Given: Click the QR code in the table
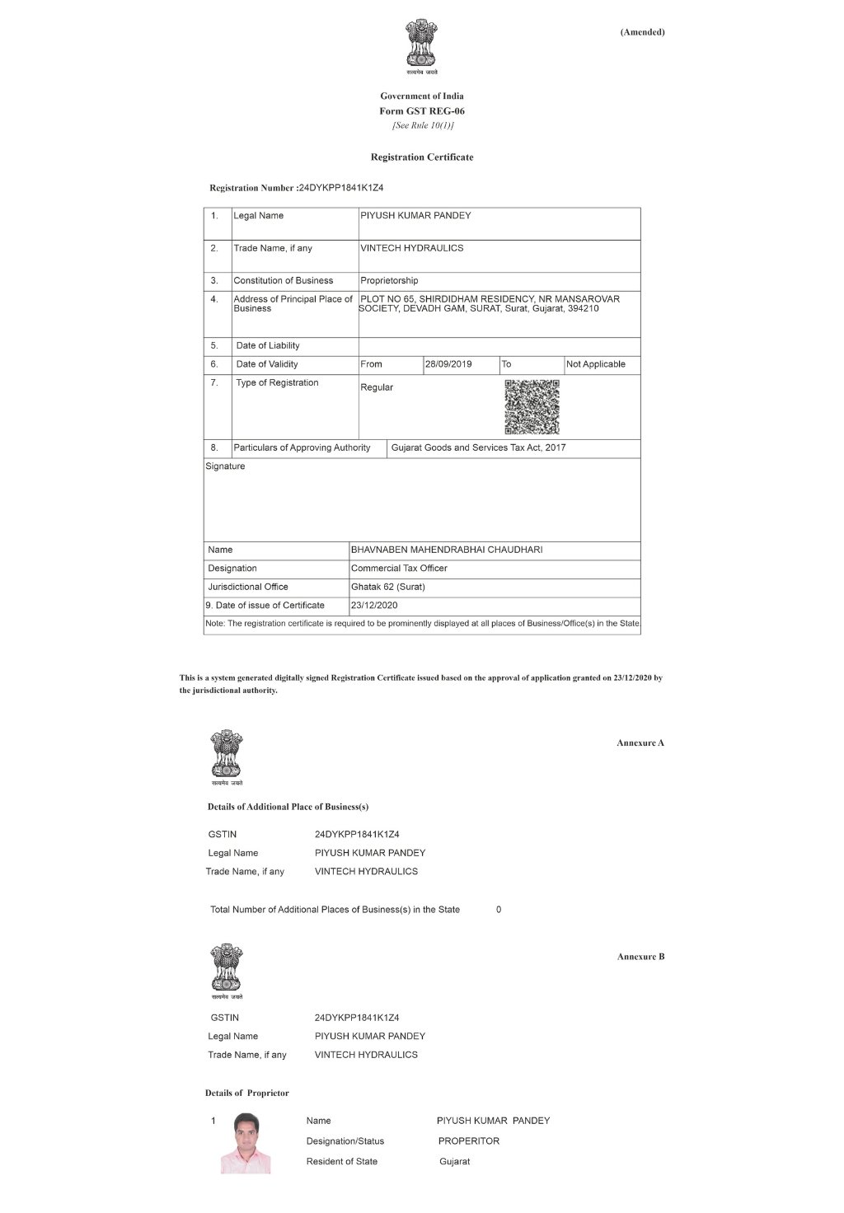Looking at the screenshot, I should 532,406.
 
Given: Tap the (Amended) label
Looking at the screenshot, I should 642,32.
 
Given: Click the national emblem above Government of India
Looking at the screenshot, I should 421,45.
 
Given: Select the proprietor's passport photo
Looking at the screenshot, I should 246,1142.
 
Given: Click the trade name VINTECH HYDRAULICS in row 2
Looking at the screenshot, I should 412,248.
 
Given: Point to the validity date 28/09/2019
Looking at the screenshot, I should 448,364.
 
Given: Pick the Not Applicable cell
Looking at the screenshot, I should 596,364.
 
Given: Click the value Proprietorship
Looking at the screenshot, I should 389,281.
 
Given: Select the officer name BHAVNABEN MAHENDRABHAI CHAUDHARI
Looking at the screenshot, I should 447,550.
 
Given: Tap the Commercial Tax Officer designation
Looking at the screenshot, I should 399,569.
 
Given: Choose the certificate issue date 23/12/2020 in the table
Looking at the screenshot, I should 374,606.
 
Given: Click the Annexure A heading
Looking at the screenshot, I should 640,743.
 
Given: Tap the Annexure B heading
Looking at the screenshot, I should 640,957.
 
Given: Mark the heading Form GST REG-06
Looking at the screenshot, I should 422,111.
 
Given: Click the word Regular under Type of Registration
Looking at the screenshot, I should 377,387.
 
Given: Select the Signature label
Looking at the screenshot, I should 225,466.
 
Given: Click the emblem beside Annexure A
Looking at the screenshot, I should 227,755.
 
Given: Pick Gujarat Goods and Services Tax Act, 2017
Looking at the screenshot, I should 478,448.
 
